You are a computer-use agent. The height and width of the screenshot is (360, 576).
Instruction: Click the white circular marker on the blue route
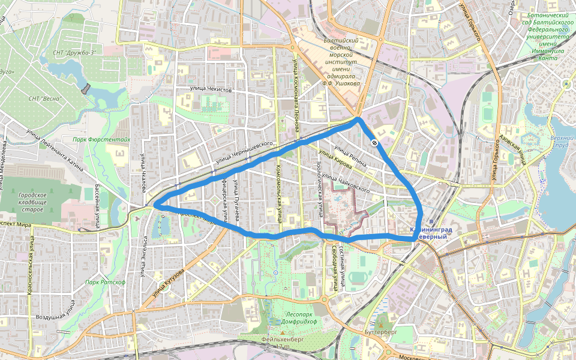click(x=374, y=142)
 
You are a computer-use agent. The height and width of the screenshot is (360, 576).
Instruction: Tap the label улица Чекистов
click(x=211, y=89)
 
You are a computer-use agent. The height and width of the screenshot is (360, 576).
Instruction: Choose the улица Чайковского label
click(x=345, y=182)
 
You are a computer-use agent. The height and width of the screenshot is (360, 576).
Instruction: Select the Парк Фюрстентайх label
click(x=101, y=139)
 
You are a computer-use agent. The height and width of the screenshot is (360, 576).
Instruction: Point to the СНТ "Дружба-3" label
click(x=74, y=53)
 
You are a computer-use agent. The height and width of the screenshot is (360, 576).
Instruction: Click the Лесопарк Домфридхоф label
click(x=293, y=317)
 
